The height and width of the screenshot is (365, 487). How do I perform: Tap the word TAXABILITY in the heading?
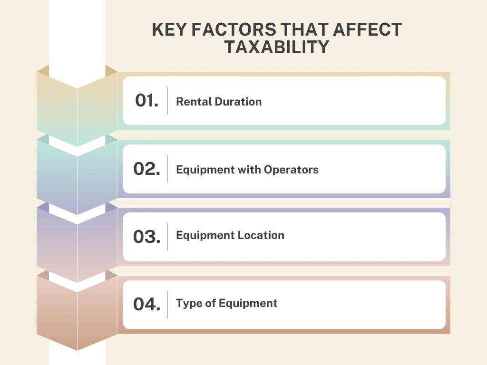277,48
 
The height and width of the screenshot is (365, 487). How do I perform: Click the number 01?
146,101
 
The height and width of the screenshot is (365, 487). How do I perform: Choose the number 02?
146,169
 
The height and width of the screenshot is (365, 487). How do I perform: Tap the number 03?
146,237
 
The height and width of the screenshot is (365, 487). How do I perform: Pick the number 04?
146,305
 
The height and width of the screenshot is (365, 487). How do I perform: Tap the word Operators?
291,170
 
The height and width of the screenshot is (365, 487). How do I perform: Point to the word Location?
262,235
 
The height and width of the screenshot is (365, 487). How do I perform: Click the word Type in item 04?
186,304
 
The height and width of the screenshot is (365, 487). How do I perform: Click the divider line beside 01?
167,101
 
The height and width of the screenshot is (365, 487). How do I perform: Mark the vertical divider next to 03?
167,237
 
